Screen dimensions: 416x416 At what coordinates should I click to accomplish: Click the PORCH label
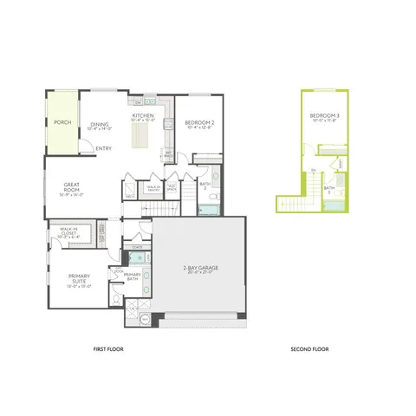pyautogui.click(x=62, y=122)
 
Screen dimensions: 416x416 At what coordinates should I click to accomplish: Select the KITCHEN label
pyautogui.click(x=143, y=115)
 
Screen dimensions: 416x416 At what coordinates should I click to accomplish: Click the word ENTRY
pyautogui.click(x=103, y=147)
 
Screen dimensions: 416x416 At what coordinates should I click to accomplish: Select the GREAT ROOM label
pyautogui.click(x=72, y=185)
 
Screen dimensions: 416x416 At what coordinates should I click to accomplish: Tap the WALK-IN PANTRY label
pyautogui.click(x=153, y=186)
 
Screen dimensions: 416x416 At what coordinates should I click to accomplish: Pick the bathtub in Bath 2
pyautogui.click(x=208, y=208)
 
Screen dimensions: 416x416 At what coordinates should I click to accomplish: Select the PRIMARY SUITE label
pyautogui.click(x=81, y=280)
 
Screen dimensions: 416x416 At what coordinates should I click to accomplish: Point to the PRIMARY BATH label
pyautogui.click(x=133, y=276)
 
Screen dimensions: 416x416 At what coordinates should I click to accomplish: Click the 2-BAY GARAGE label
pyautogui.click(x=199, y=270)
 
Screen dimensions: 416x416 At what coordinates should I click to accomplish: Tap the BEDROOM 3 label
pyautogui.click(x=325, y=117)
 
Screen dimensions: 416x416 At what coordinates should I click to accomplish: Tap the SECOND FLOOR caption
pyautogui.click(x=309, y=350)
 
